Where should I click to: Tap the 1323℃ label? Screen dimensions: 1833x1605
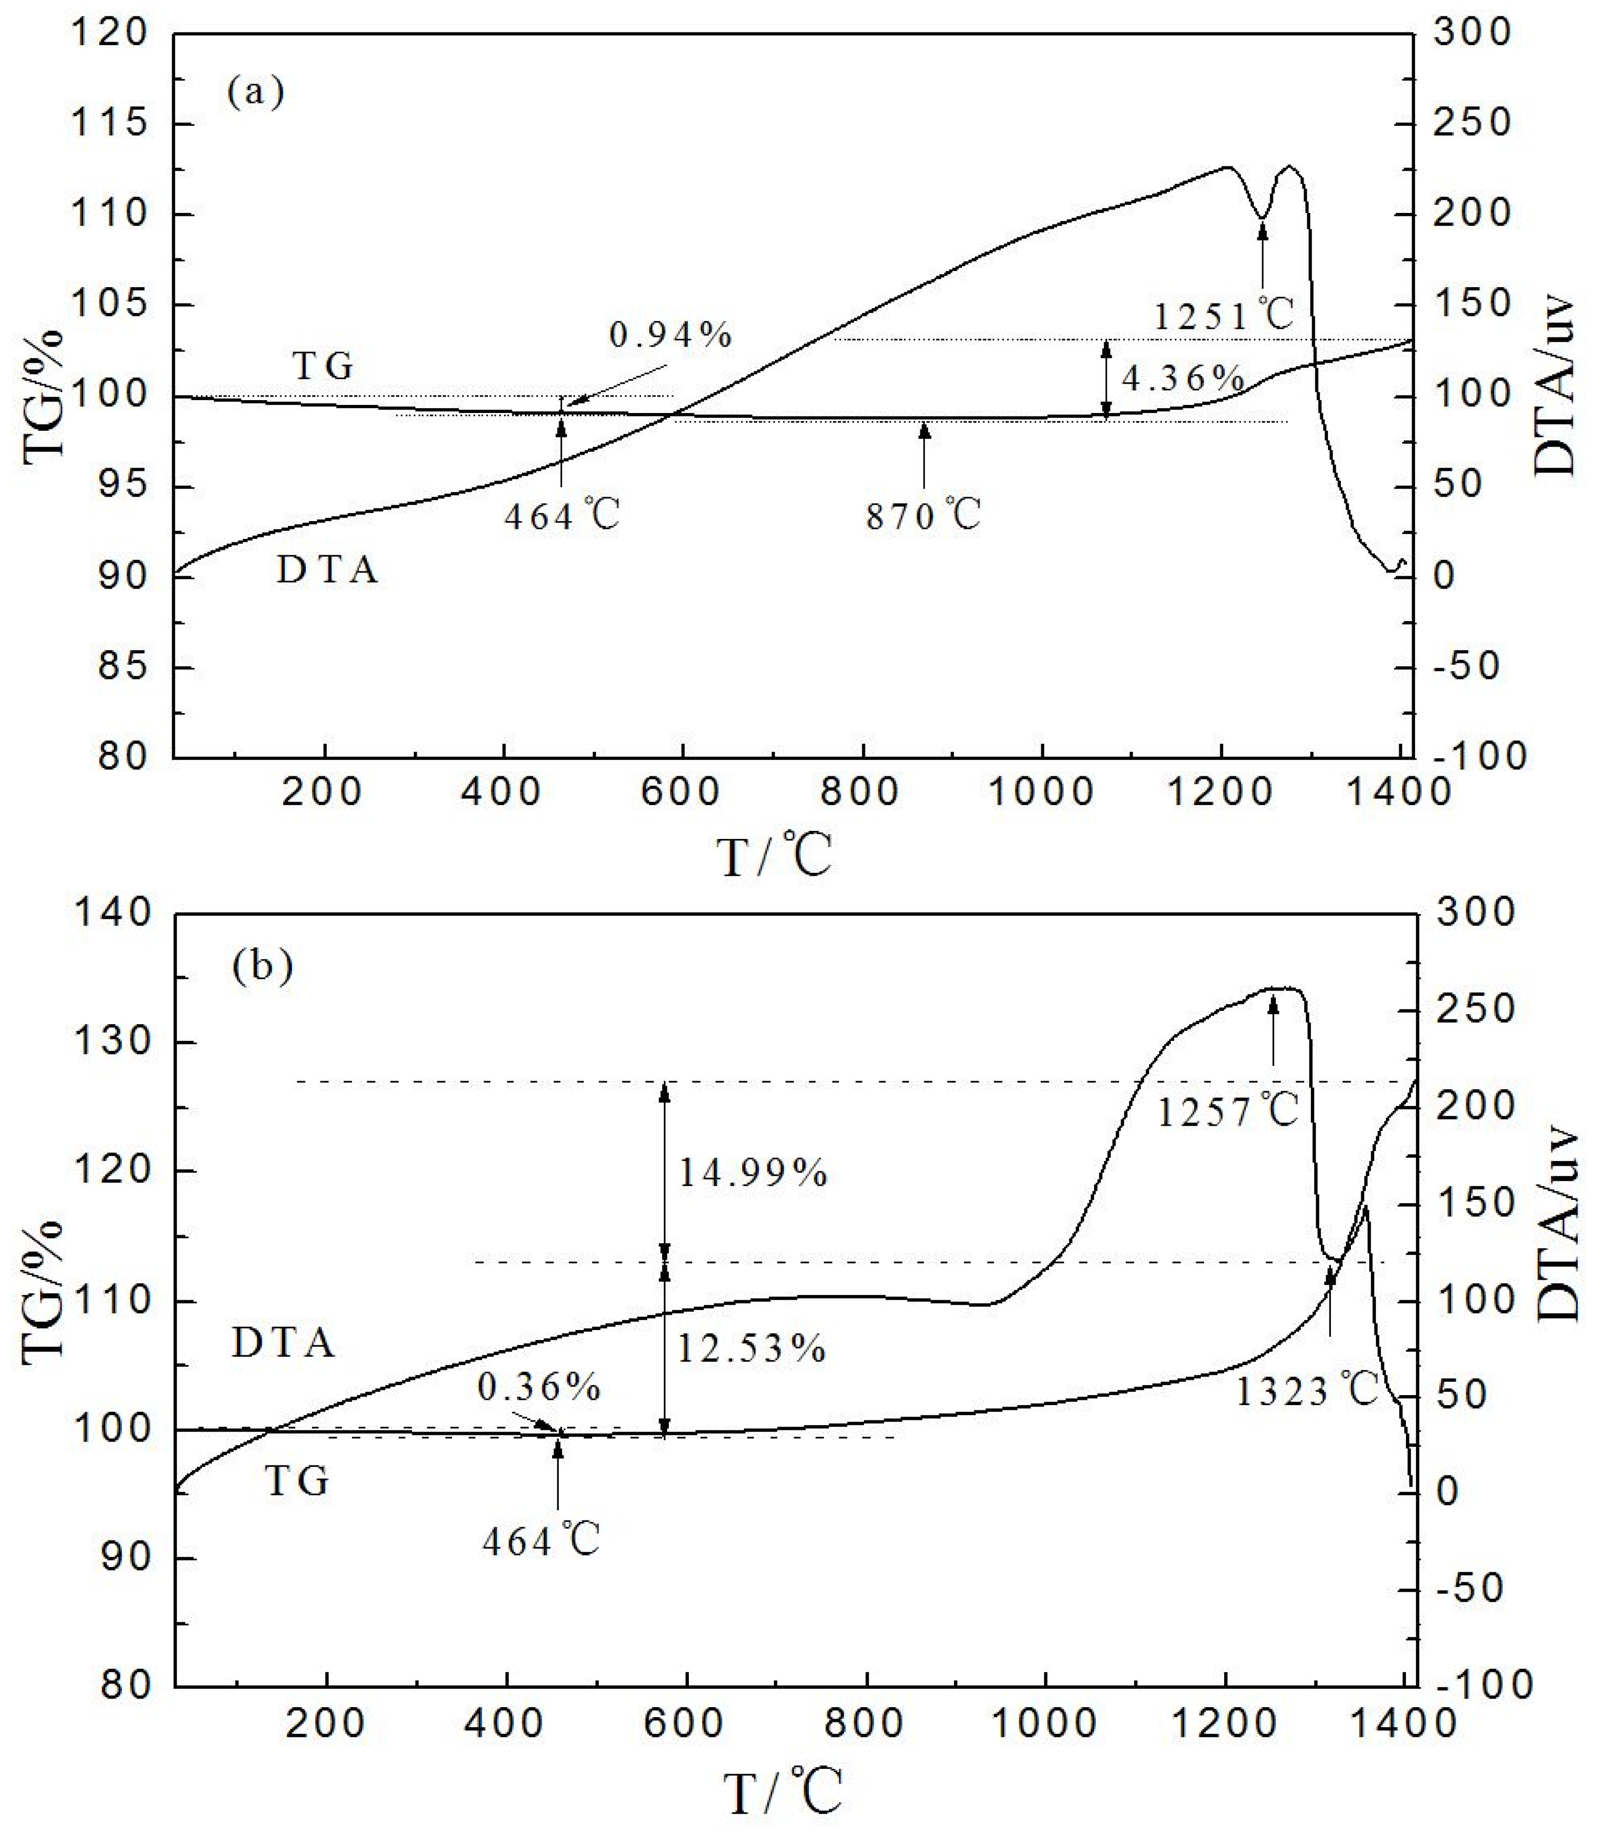point(1307,1391)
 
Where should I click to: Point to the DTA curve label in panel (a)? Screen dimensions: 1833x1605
point(328,570)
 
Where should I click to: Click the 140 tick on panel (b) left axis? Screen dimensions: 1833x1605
point(112,913)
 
